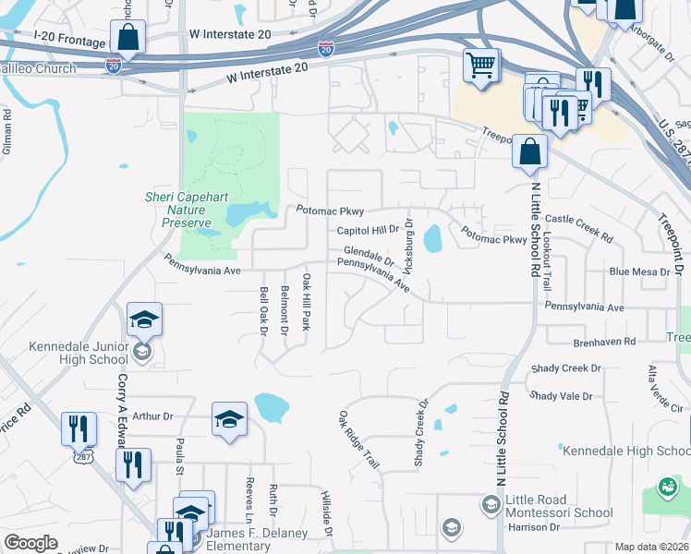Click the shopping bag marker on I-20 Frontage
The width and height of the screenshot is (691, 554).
point(127,39)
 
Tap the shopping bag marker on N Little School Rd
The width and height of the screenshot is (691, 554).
point(530,152)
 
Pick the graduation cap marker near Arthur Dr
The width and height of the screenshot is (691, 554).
point(229,420)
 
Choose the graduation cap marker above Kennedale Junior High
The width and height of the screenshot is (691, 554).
point(144,320)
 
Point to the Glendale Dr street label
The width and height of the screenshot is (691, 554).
point(369,254)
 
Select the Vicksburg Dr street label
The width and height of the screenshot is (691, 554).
point(409,245)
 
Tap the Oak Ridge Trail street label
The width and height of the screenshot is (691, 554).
point(358,440)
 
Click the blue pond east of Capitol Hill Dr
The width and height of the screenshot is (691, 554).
point(431,239)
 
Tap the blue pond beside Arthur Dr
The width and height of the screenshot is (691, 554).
point(271,405)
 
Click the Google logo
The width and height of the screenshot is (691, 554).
point(30,543)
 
